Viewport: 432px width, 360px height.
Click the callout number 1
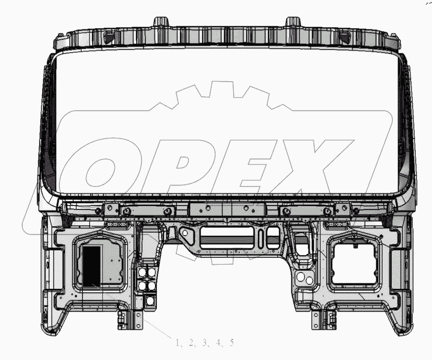177,343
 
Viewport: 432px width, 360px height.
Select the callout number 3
204,343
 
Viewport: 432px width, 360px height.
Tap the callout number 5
232,343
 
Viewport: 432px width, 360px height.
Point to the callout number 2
191,343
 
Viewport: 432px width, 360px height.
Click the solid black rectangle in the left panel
91,266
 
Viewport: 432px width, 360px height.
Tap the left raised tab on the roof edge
161,22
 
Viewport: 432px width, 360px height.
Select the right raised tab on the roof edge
293,22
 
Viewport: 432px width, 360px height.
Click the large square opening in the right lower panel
354,264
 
